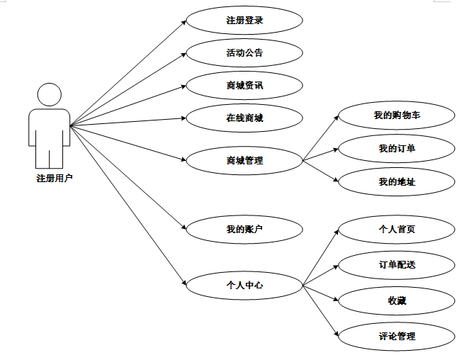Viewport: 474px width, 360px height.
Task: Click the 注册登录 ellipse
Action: click(244, 20)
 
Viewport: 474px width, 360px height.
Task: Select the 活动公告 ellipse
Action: click(244, 52)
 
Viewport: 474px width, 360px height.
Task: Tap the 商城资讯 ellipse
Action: click(244, 86)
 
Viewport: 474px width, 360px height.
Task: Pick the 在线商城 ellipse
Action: click(244, 118)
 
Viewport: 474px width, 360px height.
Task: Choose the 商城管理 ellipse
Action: click(244, 160)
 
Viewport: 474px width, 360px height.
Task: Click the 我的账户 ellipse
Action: click(244, 228)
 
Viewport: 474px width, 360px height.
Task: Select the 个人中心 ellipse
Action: click(244, 285)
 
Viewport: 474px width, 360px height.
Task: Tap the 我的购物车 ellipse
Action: click(397, 115)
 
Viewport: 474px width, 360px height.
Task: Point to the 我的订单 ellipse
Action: click(397, 148)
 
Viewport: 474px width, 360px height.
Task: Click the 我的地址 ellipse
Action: click(397, 181)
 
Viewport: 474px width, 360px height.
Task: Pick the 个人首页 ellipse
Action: click(397, 229)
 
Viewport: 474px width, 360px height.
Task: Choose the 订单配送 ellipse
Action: click(397, 264)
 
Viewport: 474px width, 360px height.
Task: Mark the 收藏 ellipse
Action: click(397, 300)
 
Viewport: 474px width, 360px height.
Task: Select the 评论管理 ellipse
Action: click(397, 336)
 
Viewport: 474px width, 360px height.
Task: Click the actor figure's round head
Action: click(49, 96)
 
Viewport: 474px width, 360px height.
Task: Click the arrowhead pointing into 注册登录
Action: click(184, 22)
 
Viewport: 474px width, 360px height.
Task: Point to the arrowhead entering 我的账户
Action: click(184, 227)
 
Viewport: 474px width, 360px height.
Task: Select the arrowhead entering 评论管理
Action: click(336, 333)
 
